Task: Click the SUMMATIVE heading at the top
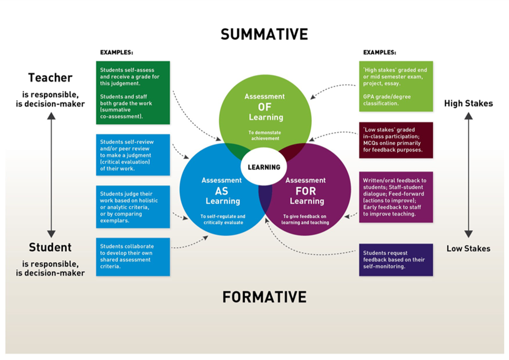(264, 34)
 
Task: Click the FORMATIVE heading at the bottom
(264, 297)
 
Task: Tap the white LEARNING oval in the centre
(264, 167)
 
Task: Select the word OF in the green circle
(264, 106)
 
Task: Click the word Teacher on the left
(50, 78)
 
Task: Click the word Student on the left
(50, 247)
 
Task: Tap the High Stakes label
(468, 104)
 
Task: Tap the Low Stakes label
(468, 248)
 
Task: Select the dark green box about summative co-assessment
(133, 93)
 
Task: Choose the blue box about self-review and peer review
(133, 154)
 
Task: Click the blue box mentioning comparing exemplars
(133, 206)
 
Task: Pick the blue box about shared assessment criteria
(133, 257)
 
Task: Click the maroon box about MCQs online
(396, 140)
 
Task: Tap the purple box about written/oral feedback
(396, 197)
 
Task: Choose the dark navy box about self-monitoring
(396, 260)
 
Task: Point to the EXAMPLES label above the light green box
(380, 53)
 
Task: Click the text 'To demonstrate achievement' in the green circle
(264, 135)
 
